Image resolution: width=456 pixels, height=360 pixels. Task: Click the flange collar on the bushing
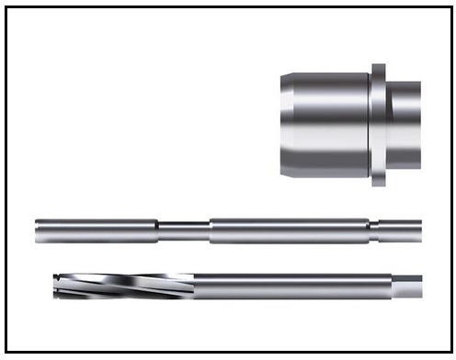click(379, 124)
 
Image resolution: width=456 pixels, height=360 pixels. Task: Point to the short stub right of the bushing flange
click(405, 124)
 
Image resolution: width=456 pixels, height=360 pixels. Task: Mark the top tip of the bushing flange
click(379, 67)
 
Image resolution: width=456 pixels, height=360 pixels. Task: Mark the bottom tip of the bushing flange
click(379, 183)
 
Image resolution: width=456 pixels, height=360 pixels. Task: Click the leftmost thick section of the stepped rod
click(96, 230)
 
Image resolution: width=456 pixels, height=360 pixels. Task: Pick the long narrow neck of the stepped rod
click(184, 230)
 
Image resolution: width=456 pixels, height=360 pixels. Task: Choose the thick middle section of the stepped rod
click(290, 230)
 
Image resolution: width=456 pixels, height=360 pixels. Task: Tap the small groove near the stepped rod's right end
click(373, 230)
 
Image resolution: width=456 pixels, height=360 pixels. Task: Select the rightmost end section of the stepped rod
click(400, 230)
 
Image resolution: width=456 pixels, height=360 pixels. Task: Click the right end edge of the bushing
click(420, 124)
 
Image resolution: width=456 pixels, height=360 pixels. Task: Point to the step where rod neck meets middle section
click(211, 230)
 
